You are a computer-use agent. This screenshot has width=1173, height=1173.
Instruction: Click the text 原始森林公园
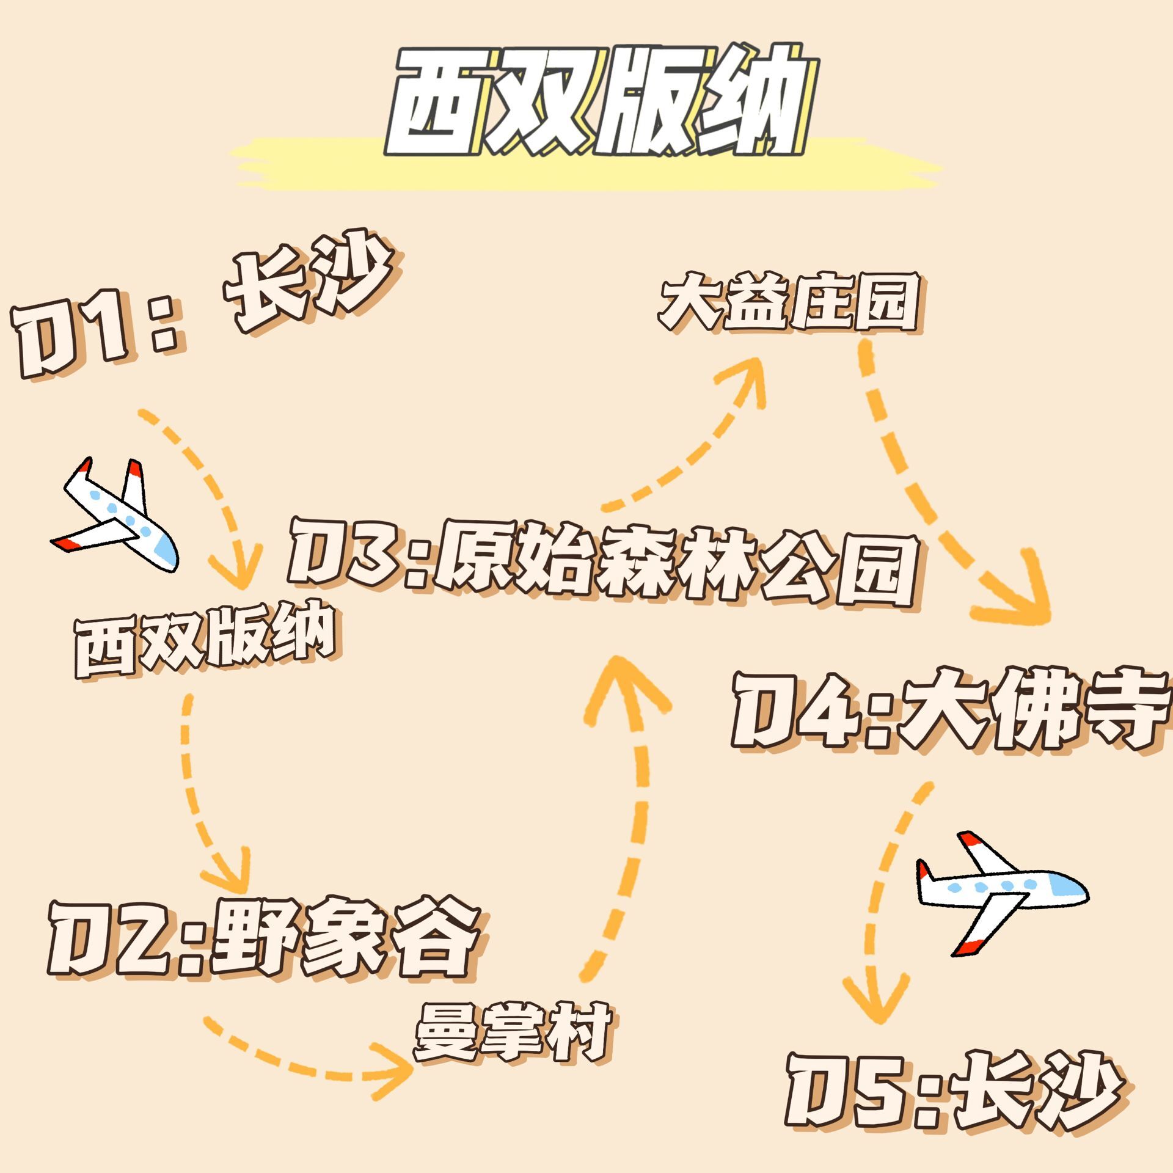675,568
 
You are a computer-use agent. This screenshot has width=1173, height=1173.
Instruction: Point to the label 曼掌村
513,1032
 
